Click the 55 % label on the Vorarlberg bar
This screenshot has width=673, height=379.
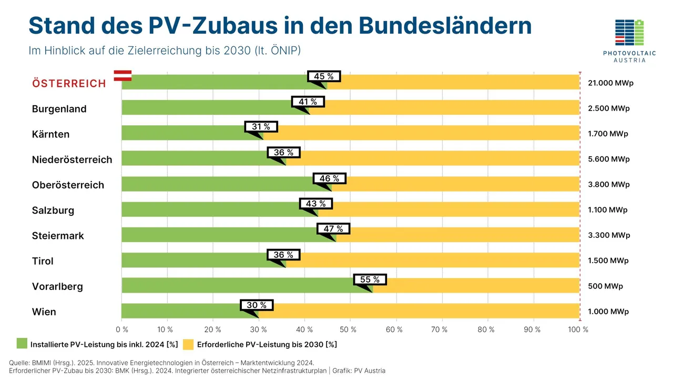(370, 280)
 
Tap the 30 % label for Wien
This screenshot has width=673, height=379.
(257, 305)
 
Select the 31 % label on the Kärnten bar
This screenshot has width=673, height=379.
(261, 127)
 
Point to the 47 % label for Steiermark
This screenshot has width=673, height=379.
(333, 228)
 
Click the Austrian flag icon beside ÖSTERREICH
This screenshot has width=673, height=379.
(123, 75)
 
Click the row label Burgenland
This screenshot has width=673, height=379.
(59, 109)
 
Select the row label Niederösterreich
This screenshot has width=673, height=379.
(72, 159)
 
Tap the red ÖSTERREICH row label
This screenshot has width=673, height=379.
(69, 84)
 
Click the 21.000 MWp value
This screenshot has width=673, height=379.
(610, 83)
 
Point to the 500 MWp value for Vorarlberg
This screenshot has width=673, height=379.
(605, 286)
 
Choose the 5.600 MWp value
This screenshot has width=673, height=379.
(608, 159)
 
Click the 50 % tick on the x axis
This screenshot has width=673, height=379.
(349, 330)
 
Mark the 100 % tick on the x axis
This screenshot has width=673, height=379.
(578, 330)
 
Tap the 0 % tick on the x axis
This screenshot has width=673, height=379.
(121, 330)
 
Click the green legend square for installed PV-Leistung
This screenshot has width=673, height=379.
(22, 344)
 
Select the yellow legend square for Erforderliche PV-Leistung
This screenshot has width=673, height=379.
(188, 344)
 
